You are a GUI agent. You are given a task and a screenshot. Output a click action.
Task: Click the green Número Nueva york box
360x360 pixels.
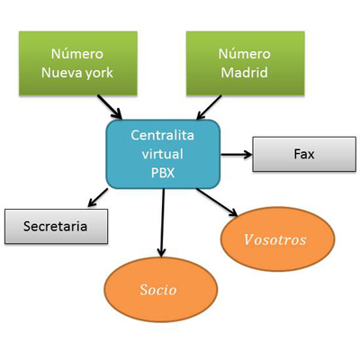pyautogui.click(x=78, y=63)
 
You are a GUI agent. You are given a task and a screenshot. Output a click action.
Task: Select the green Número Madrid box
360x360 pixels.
pyautogui.click(x=246, y=63)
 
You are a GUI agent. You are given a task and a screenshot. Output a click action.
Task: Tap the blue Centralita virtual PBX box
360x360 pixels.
pyautogui.click(x=163, y=154)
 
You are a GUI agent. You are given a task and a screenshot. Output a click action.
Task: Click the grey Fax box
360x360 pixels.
pyautogui.click(x=304, y=154)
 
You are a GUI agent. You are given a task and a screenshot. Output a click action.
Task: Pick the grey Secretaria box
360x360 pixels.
pyautogui.click(x=56, y=226)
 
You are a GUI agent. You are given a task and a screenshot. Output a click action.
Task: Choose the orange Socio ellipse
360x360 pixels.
pyautogui.click(x=161, y=290)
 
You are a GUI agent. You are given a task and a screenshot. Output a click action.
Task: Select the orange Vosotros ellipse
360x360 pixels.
pyautogui.click(x=277, y=239)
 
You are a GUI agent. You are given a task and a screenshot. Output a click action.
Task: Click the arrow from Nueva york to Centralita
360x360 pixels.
pyautogui.click(x=110, y=107)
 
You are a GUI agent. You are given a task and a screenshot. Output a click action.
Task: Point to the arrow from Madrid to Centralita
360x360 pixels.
pyautogui.click(x=209, y=107)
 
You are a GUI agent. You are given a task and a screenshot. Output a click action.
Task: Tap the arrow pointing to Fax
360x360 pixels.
pyautogui.click(x=237, y=155)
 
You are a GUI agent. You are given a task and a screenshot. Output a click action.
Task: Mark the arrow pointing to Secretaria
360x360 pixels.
pyautogui.click(x=97, y=198)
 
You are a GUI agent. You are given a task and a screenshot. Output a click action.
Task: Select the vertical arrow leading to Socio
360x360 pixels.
pyautogui.click(x=163, y=223)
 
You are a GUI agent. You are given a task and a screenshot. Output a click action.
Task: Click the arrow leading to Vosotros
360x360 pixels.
pyautogui.click(x=217, y=202)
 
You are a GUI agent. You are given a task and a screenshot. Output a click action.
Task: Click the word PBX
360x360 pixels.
pyautogui.click(x=163, y=173)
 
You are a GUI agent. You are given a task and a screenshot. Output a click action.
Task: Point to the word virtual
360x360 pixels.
pyautogui.click(x=162, y=154)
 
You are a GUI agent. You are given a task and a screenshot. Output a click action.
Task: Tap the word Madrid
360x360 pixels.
pyautogui.click(x=245, y=73)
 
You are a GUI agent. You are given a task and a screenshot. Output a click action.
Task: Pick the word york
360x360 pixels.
pyautogui.click(x=99, y=73)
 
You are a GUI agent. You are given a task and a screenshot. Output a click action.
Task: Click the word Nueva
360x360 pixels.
pyautogui.click(x=61, y=73)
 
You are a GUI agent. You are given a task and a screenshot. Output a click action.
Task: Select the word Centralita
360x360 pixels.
pyautogui.click(x=163, y=135)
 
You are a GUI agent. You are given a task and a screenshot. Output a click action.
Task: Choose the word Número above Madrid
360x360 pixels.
pyautogui.click(x=245, y=54)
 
